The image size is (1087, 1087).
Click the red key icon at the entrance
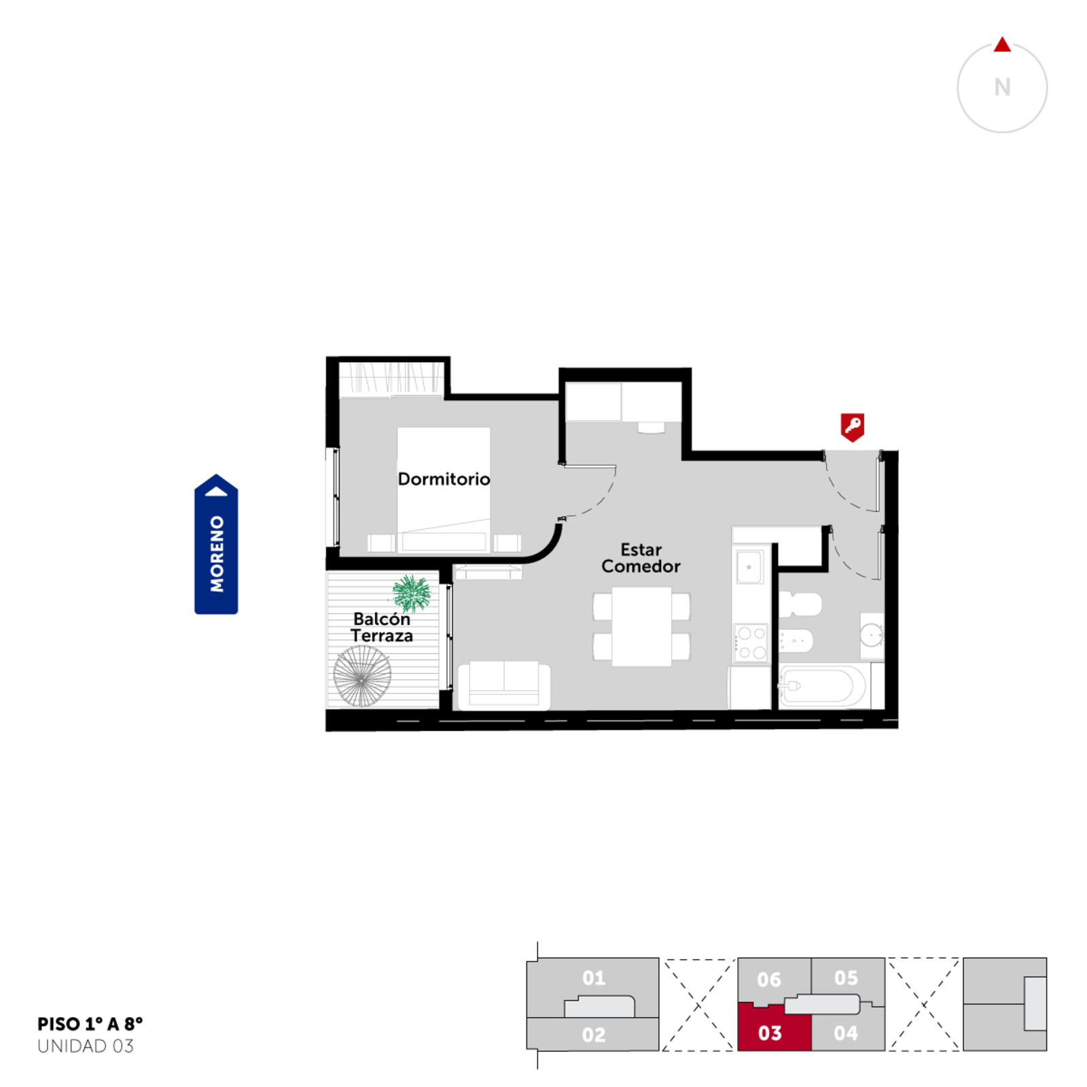click(x=853, y=427)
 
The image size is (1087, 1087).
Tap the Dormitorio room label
click(x=444, y=479)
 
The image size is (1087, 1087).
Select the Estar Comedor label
click(x=641, y=558)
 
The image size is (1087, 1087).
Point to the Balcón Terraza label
click(x=382, y=627)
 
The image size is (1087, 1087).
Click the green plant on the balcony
click(x=412, y=593)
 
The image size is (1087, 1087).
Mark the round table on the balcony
click(x=362, y=676)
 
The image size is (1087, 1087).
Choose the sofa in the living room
click(x=504, y=685)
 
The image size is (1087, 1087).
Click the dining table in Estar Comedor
click(x=641, y=626)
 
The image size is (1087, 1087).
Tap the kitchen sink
click(x=749, y=567)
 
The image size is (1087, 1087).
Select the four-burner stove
click(x=751, y=643)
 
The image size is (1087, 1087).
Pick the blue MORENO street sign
click(x=216, y=544)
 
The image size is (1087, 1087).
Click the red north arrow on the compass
click(x=1002, y=45)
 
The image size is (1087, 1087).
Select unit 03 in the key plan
click(x=774, y=1027)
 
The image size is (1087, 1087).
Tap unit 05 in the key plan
click(x=847, y=978)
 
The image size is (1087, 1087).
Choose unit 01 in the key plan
click(x=593, y=978)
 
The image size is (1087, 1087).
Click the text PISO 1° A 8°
click(x=90, y=1024)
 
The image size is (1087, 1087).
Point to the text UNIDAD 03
click(x=86, y=1046)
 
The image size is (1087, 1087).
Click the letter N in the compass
click(x=1002, y=88)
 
